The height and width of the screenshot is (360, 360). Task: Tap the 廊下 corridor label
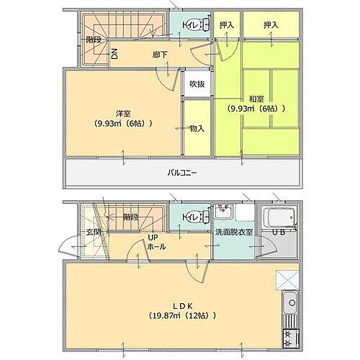[x=161, y=54]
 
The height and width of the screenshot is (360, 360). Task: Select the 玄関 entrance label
[x=74, y=231]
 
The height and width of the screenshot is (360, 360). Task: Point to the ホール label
[x=156, y=246]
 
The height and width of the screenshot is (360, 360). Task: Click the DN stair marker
[x=114, y=54]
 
